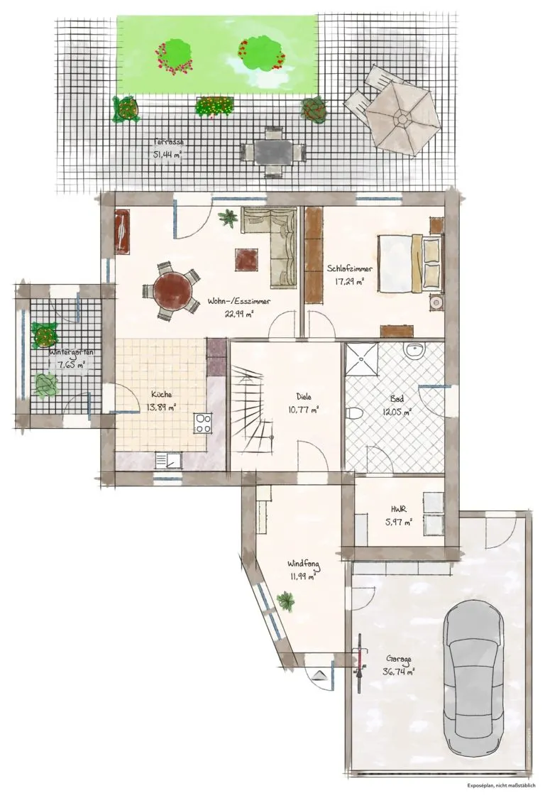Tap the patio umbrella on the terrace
point(403,119)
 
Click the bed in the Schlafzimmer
point(410,263)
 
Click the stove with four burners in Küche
point(203,423)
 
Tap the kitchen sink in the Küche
point(168,460)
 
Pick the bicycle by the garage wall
point(360,663)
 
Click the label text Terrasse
point(168,142)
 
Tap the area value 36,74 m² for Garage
point(398,672)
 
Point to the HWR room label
point(398,509)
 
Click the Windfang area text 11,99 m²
point(302,576)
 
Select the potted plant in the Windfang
point(286,601)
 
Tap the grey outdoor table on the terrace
point(273,152)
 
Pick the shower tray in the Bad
point(362,360)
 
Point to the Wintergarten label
point(71,351)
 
